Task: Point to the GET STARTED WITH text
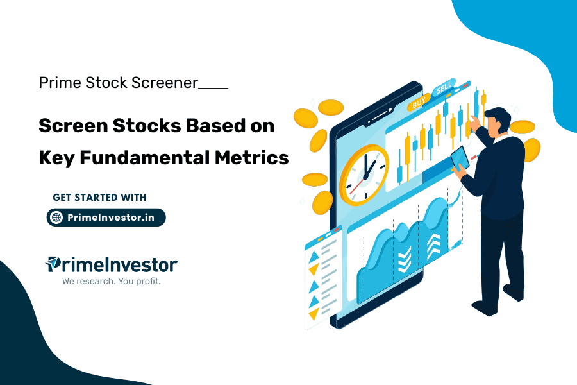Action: click(x=99, y=197)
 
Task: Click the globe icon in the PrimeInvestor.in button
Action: click(x=56, y=218)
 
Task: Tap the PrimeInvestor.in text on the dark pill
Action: click(x=111, y=218)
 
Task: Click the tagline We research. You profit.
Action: click(x=111, y=281)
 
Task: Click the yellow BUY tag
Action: click(x=419, y=102)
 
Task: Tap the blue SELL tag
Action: click(x=444, y=89)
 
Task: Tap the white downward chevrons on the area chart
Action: click(x=404, y=260)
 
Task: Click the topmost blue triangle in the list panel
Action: click(x=315, y=257)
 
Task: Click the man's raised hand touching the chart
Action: click(x=474, y=120)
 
